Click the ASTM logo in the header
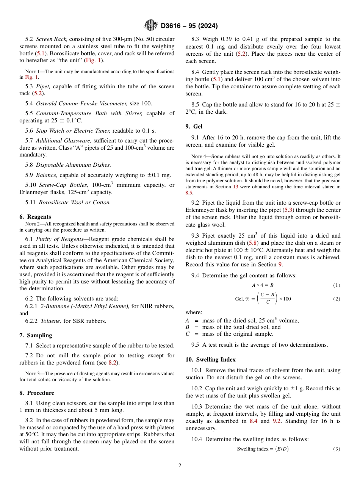[x=150, y=26]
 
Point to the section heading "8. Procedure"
[x=37, y=393]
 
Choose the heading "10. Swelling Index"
[x=210, y=359]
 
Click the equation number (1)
[x=337, y=285]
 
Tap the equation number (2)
[x=337, y=299]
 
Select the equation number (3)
[x=337, y=449]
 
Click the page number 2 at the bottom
[x=180, y=466]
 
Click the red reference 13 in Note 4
[x=235, y=186]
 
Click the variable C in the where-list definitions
[x=188, y=334]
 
